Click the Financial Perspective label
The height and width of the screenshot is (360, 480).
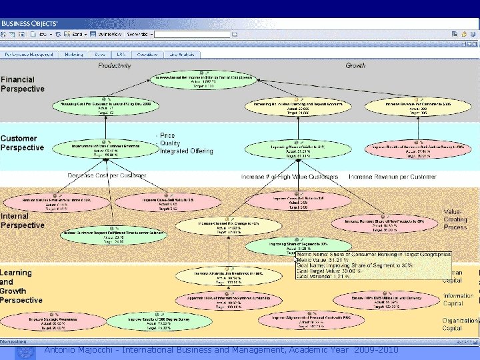[x=23, y=84]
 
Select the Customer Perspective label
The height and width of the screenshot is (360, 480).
[x=23, y=143]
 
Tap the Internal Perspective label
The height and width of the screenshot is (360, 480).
[x=23, y=221]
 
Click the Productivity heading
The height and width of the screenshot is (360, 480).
[x=115, y=65]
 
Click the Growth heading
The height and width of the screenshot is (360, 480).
[x=355, y=65]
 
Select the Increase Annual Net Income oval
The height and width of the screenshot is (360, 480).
[x=203, y=81]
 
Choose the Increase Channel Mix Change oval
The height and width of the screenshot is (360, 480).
[x=219, y=227]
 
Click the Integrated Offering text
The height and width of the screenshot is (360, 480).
[x=186, y=151]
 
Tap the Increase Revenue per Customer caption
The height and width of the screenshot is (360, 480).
[x=392, y=177]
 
